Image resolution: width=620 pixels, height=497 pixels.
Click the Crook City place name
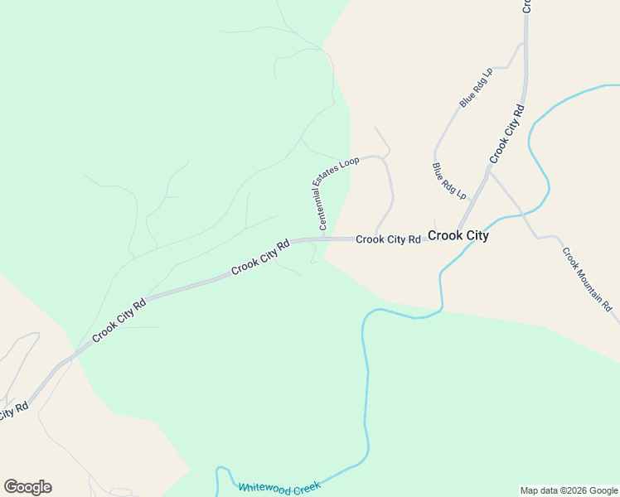tap(458, 235)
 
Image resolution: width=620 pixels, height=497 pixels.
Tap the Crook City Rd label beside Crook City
tap(389, 239)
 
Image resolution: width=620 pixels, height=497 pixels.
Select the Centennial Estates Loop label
tap(336, 193)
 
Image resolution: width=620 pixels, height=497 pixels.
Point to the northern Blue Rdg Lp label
tap(476, 88)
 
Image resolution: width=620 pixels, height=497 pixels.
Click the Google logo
tap(27, 487)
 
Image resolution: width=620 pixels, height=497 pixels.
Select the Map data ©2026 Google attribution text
tap(569, 490)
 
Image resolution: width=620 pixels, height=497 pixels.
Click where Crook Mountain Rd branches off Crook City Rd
tap(489, 171)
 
